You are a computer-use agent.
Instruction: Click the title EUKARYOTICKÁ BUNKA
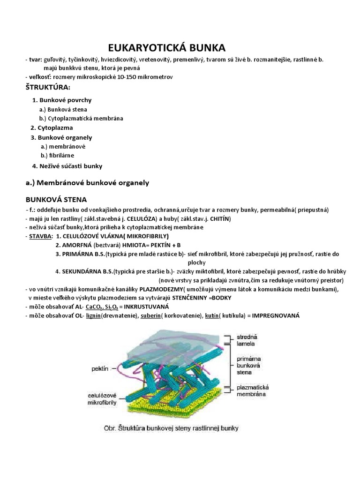167,48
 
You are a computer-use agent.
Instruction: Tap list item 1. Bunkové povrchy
61,100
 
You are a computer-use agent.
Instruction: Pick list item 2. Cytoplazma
52,127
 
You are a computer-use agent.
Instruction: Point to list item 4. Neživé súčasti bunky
67,166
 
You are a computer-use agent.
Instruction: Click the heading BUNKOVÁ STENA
56,200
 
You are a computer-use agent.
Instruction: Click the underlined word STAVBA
40,236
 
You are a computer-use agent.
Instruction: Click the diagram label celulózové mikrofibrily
101,398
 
